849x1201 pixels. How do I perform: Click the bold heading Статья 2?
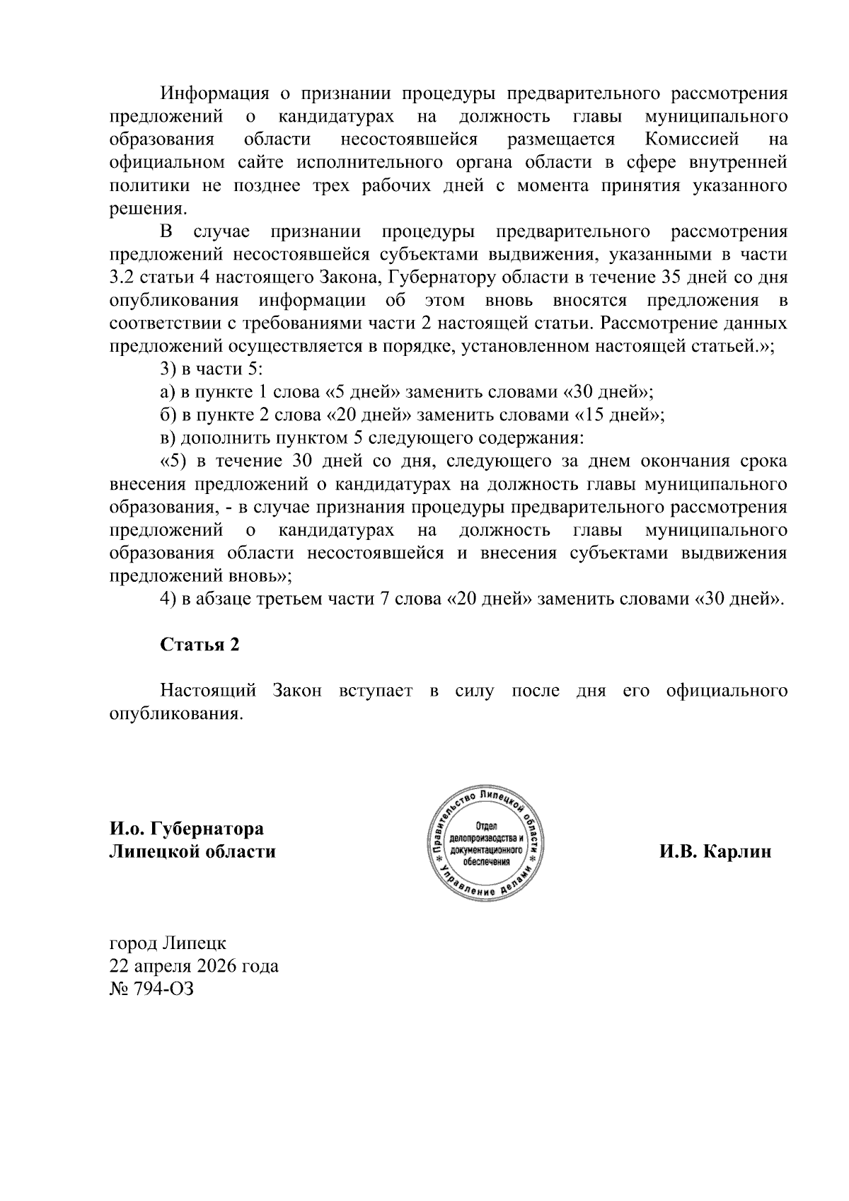point(200,645)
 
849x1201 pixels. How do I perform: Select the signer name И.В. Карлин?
point(715,851)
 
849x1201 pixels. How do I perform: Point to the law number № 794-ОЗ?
point(151,989)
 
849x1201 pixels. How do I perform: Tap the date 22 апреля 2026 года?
point(193,966)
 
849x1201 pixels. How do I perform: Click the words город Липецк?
point(168,943)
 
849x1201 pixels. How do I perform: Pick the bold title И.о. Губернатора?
point(186,828)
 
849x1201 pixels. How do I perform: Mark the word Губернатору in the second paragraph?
point(444,277)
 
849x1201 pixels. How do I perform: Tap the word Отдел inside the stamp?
point(486,827)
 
